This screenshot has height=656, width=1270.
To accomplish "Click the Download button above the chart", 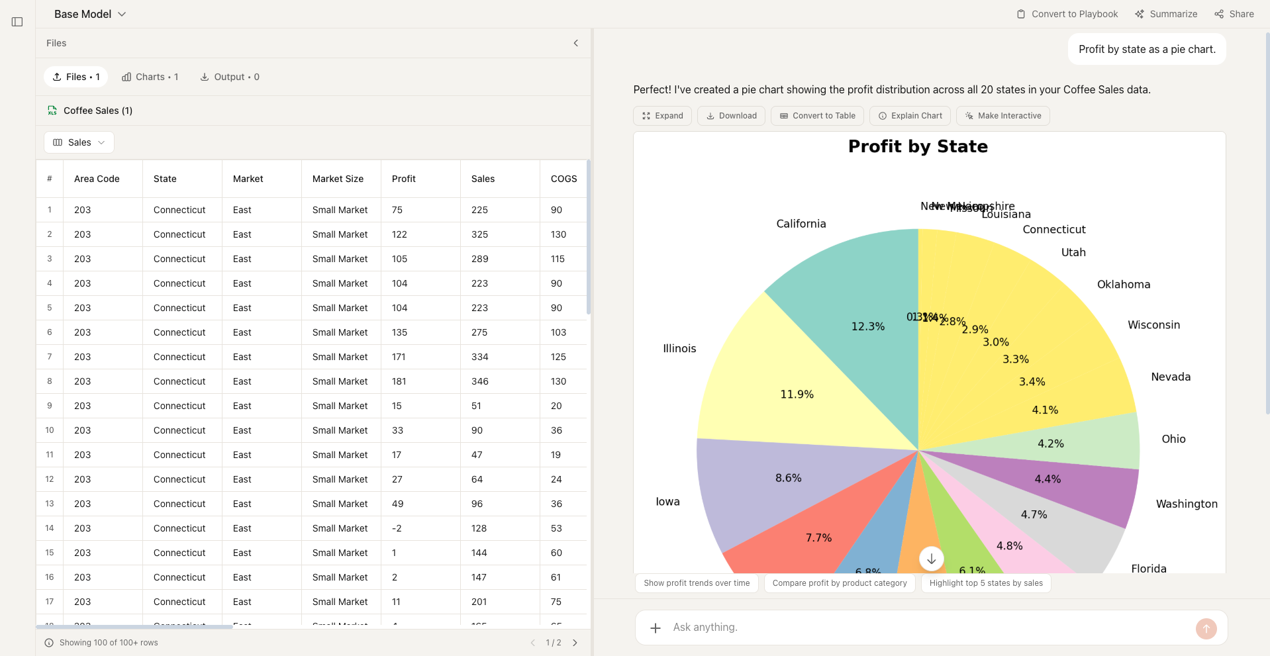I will (x=731, y=116).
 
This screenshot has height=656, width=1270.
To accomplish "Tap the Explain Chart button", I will (x=910, y=116).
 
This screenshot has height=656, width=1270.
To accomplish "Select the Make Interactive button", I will (x=1002, y=116).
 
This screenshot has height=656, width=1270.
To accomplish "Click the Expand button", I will (x=662, y=116).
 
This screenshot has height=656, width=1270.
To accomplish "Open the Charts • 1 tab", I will (x=150, y=77).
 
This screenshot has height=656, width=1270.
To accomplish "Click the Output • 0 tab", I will (x=230, y=77).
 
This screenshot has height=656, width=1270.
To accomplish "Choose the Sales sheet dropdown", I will (x=79, y=142).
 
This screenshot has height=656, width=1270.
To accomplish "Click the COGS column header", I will (x=563, y=179).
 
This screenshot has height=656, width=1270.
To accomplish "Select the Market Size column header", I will (x=338, y=179).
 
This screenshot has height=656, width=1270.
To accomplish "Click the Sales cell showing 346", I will (x=479, y=381).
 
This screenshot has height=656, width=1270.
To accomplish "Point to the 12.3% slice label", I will (x=867, y=326).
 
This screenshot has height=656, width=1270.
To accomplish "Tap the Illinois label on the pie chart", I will (x=679, y=349).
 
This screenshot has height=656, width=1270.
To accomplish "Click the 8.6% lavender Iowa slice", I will (x=788, y=478).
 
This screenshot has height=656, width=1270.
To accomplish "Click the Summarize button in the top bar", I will (x=1166, y=14).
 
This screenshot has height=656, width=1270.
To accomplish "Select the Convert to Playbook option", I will (x=1067, y=14).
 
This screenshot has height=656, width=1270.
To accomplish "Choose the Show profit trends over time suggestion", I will (x=697, y=583).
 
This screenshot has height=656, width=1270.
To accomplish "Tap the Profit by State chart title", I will (x=918, y=146).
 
